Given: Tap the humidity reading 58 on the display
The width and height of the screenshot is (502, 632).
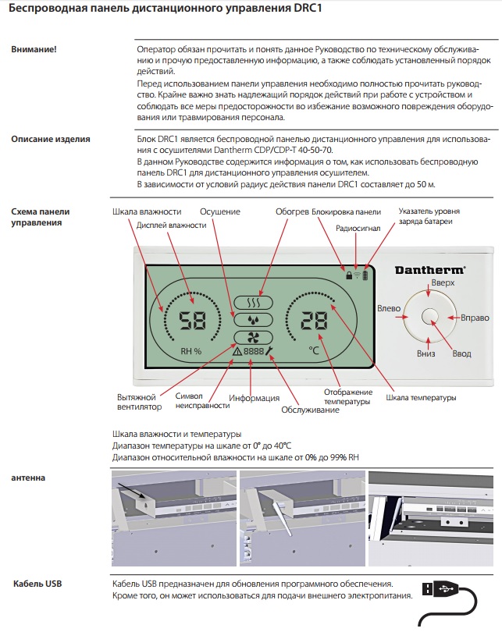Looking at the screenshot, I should click(190, 320).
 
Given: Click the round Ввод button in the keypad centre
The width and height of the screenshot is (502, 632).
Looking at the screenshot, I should click(429, 316).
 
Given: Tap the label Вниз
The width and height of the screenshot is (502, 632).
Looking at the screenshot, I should click(425, 353).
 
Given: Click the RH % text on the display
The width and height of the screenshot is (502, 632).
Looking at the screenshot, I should click(190, 350).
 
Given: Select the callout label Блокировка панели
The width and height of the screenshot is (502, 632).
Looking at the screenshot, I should click(346, 211).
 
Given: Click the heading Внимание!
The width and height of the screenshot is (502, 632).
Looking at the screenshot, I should click(34, 49).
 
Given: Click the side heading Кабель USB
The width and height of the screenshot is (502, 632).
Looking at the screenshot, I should click(37, 584).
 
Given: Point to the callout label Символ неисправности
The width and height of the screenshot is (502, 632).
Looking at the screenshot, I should click(201, 400).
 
